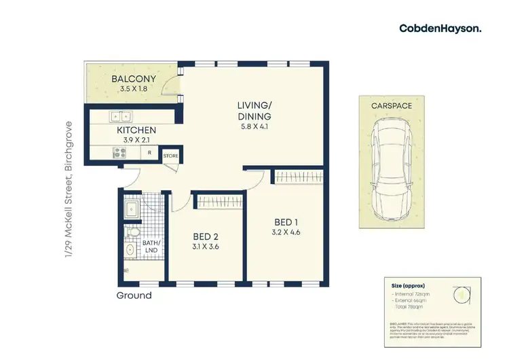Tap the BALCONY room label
134,79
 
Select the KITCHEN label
136,130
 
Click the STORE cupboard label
170,156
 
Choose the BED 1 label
285,222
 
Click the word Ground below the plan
134,295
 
